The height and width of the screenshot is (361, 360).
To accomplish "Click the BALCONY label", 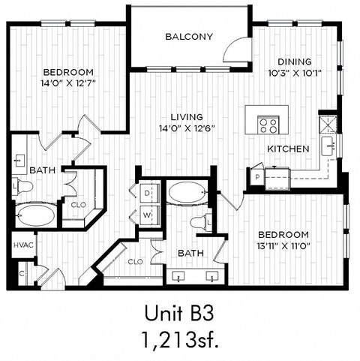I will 189,36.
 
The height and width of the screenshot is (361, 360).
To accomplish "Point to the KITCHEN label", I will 288,149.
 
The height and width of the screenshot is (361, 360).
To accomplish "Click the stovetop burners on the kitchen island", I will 268,125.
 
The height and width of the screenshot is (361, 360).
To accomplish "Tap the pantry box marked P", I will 258,177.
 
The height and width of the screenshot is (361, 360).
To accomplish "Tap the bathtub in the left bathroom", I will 34,217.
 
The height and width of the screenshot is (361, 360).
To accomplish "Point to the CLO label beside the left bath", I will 78,203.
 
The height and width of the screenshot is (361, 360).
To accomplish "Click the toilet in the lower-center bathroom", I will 199,223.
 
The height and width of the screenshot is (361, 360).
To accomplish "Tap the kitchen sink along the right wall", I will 328,146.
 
